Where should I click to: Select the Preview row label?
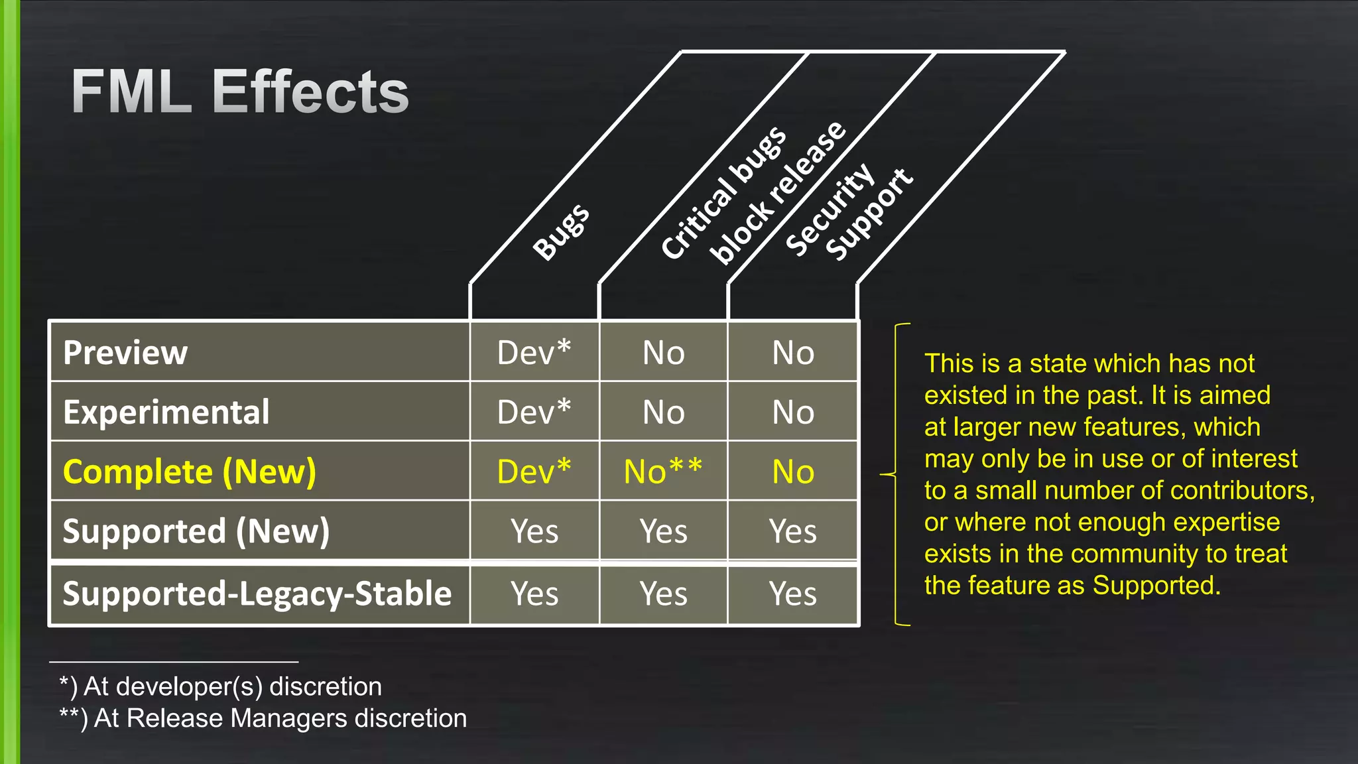pos(125,352)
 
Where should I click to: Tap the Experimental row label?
pos(166,412)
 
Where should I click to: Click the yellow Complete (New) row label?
pos(190,472)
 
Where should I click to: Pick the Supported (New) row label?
pos(196,531)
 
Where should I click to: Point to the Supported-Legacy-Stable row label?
pos(257,594)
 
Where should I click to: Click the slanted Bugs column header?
pos(561,232)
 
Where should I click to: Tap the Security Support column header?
pos(849,212)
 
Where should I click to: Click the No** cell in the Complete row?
pos(663,472)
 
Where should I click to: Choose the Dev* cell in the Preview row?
pos(534,352)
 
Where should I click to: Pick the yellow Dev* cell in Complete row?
pos(534,472)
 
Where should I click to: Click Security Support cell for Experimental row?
pos(793,412)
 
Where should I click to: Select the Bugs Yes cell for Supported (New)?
pos(534,531)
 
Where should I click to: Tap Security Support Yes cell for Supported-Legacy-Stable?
pos(793,594)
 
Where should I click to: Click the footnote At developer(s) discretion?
pos(221,686)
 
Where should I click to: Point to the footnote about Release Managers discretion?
pos(263,718)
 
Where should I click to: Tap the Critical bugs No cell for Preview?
pos(663,352)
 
